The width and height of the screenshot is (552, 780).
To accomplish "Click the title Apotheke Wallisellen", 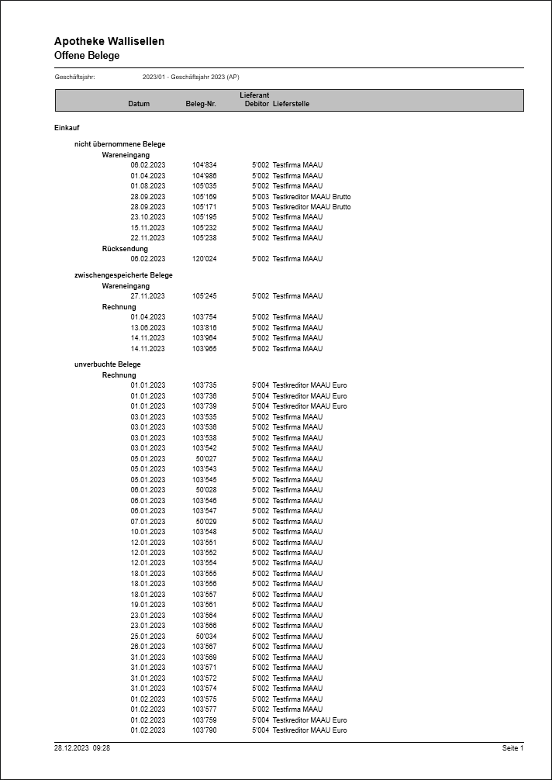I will coord(109,41).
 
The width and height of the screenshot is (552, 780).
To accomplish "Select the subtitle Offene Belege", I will coord(87,56).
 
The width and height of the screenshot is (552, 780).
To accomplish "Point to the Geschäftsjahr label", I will coord(74,78).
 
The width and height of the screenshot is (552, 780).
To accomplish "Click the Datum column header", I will coord(139,104).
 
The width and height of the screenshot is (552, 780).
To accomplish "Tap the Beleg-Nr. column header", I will coord(201,104).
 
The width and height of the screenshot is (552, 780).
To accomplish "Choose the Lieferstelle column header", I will coord(291,104).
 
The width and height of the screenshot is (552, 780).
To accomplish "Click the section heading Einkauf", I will coord(67,127).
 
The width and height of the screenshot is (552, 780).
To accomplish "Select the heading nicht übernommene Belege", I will coord(119,144).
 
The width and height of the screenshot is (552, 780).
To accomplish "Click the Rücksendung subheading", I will coord(125,249).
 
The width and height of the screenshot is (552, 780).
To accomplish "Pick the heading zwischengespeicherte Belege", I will coord(123,275).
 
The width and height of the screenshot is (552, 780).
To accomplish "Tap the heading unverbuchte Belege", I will coord(107,364).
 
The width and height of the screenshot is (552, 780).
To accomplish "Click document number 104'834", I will coord(205,165).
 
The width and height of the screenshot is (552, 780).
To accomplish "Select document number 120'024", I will coord(205,259).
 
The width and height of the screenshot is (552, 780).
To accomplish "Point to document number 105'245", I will coord(205,296).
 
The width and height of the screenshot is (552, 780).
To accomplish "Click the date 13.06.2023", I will coord(148,328).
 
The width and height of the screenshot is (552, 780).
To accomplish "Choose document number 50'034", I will coord(206,637).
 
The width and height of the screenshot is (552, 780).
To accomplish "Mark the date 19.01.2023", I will coord(148,605).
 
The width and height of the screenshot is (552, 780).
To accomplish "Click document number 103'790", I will coord(205,730).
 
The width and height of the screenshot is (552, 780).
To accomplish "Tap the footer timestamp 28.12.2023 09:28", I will coord(82,748).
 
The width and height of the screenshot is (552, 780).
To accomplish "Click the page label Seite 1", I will coord(512,748).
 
